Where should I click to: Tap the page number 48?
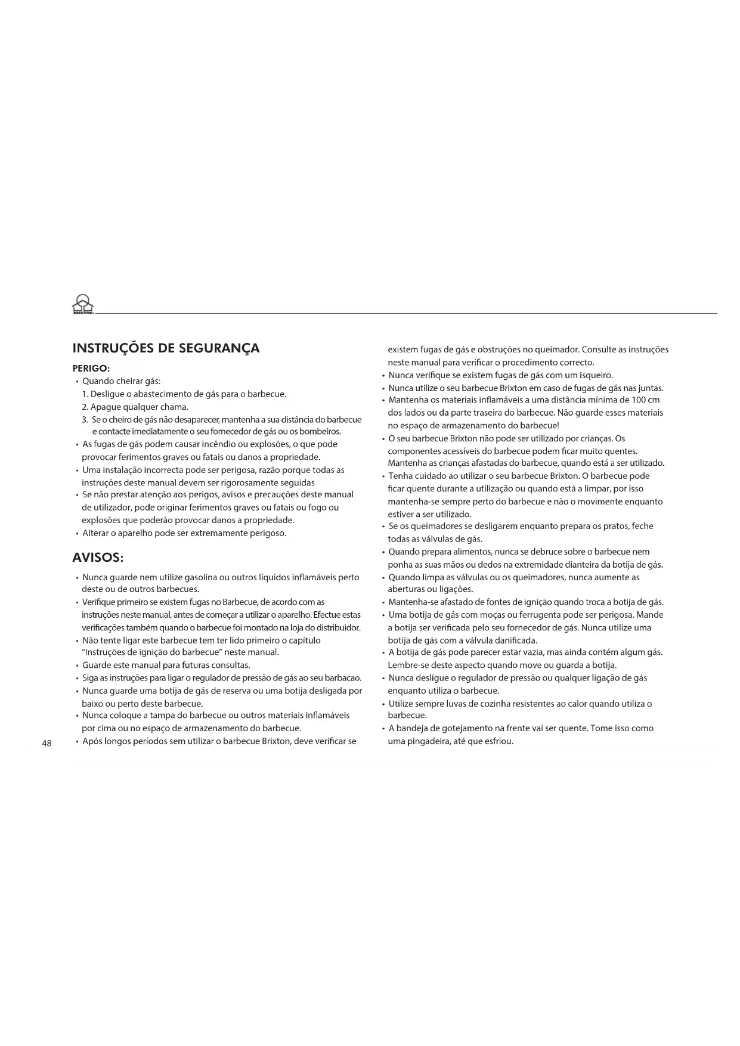(x=47, y=743)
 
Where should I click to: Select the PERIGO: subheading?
(x=91, y=369)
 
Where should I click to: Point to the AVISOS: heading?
(x=98, y=558)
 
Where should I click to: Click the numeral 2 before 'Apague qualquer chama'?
(x=84, y=407)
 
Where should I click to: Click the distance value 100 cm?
(x=647, y=400)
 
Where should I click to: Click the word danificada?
(x=516, y=640)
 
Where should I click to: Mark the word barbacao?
(x=343, y=678)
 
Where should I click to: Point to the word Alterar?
(x=96, y=533)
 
